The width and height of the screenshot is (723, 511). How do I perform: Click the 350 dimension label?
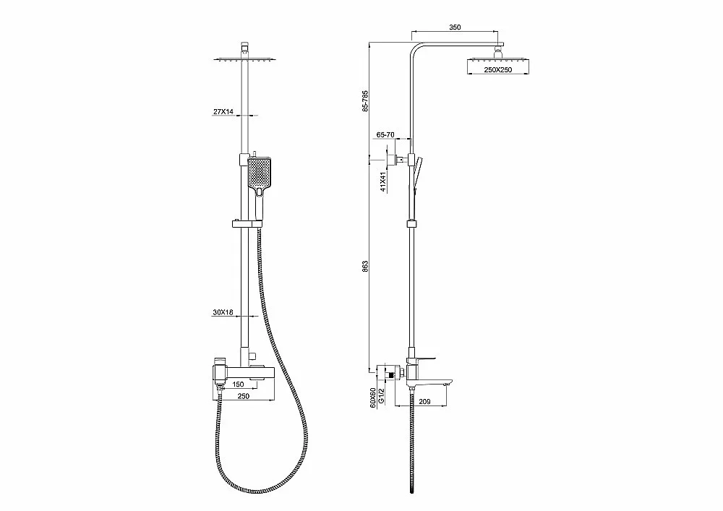point(455,27)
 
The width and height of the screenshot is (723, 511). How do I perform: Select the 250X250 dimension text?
point(497,70)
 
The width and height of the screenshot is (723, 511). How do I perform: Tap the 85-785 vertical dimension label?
point(365,101)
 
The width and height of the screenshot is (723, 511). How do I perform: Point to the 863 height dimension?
point(365,267)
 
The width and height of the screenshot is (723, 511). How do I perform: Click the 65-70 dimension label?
point(385,135)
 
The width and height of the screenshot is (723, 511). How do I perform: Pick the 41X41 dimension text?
point(382,182)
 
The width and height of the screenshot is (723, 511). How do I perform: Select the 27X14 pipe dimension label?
point(223,111)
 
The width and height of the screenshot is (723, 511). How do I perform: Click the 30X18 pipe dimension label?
point(223,312)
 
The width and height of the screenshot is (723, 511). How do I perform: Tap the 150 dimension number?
point(238,385)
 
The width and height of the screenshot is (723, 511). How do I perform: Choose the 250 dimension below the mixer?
point(243,396)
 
